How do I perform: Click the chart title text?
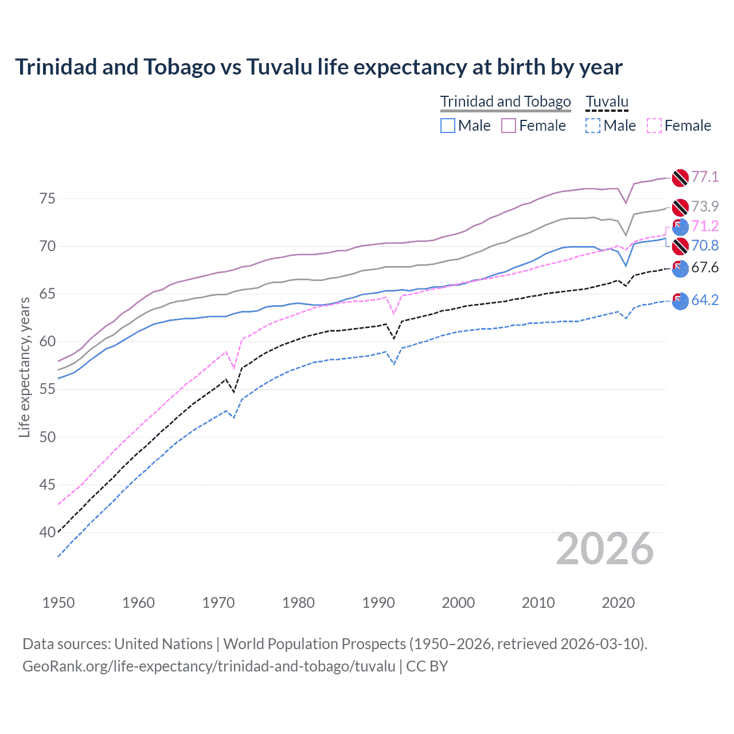point(318,67)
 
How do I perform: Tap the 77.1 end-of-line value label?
point(705,177)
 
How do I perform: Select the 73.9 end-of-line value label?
point(705,206)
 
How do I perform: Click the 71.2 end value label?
point(705,226)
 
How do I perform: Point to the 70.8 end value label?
point(705,245)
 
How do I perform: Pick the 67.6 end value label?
point(705,267)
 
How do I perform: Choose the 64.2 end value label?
point(705,300)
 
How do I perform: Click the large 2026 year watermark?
point(605,549)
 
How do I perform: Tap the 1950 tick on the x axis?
point(58,603)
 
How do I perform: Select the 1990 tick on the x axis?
point(378,603)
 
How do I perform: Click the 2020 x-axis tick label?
point(618,603)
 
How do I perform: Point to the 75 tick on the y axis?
point(47,199)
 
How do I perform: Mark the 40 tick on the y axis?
point(47,532)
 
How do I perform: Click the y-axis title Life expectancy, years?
point(24,367)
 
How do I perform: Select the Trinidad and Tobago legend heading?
point(505,101)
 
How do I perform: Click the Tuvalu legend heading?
point(607,101)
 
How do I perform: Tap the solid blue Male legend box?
point(448,126)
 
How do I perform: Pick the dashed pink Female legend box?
point(654,126)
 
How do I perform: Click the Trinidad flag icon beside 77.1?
point(680,178)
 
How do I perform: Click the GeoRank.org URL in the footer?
point(209,666)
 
